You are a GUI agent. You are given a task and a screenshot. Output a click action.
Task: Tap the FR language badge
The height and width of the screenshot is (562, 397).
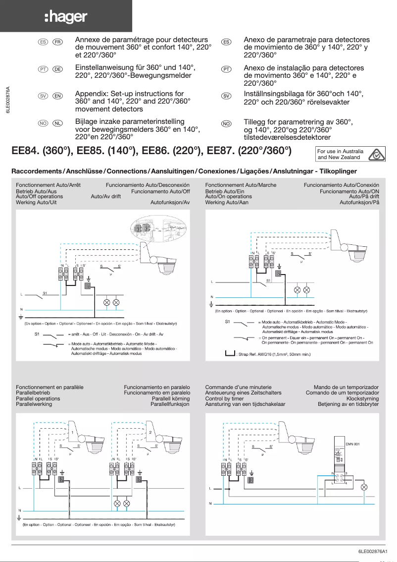click(57, 42)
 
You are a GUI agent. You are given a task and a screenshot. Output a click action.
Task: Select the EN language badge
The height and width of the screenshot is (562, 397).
click(57, 96)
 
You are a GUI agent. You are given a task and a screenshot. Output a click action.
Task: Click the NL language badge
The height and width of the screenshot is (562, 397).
click(57, 124)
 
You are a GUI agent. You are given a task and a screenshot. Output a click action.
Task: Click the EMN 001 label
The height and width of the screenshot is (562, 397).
click(352, 444)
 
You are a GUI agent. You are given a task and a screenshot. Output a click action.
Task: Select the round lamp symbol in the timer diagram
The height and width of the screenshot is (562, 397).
click(364, 487)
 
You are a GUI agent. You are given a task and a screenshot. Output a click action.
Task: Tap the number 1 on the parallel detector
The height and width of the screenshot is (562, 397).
click(72, 433)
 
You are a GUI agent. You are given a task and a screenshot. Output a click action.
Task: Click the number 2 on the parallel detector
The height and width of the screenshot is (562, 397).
click(150, 433)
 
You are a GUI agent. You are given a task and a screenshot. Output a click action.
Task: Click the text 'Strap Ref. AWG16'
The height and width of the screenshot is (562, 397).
click(262, 354)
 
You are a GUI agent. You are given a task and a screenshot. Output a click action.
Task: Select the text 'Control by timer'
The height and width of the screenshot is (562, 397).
click(224, 398)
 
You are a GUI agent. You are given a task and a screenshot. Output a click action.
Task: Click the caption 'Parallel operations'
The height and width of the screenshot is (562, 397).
click(38, 398)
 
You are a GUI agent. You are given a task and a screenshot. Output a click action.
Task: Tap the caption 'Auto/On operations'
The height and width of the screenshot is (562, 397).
click(228, 197)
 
